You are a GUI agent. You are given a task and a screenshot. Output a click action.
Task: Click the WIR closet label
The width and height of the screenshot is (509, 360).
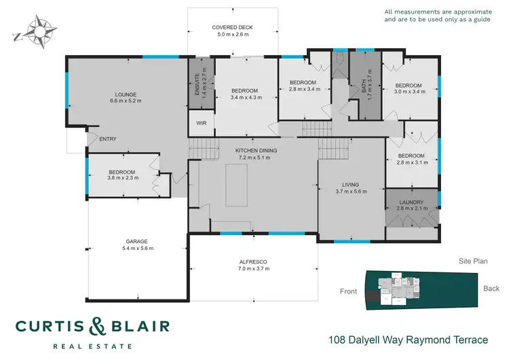pos(201,123)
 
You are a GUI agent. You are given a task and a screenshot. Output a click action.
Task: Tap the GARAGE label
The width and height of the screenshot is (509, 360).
pos(136,241)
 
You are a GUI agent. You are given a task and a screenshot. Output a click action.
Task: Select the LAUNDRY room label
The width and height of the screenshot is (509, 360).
pos(411,202)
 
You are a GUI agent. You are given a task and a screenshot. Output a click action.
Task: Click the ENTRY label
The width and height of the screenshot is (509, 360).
pos(108,139)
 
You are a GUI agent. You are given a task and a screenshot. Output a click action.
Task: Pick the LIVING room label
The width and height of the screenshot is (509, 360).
pos(351,184)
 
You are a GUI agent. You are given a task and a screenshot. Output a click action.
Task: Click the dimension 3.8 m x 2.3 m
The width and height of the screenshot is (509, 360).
pos(123,179)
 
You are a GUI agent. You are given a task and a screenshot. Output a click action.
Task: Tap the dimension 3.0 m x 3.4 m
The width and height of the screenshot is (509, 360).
pos(410,92)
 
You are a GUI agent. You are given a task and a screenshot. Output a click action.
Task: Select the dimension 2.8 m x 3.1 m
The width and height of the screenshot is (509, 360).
pos(411,163)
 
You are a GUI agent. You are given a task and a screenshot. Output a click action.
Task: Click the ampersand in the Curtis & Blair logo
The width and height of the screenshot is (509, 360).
pos(98,326)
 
